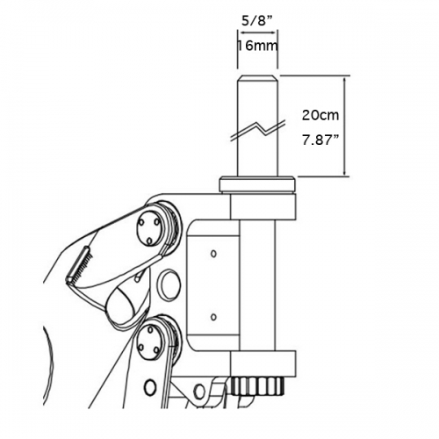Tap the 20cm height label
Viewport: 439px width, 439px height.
(x=317, y=115)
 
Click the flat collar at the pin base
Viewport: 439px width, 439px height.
(x=256, y=184)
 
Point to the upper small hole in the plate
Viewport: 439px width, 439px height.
(x=213, y=254)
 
